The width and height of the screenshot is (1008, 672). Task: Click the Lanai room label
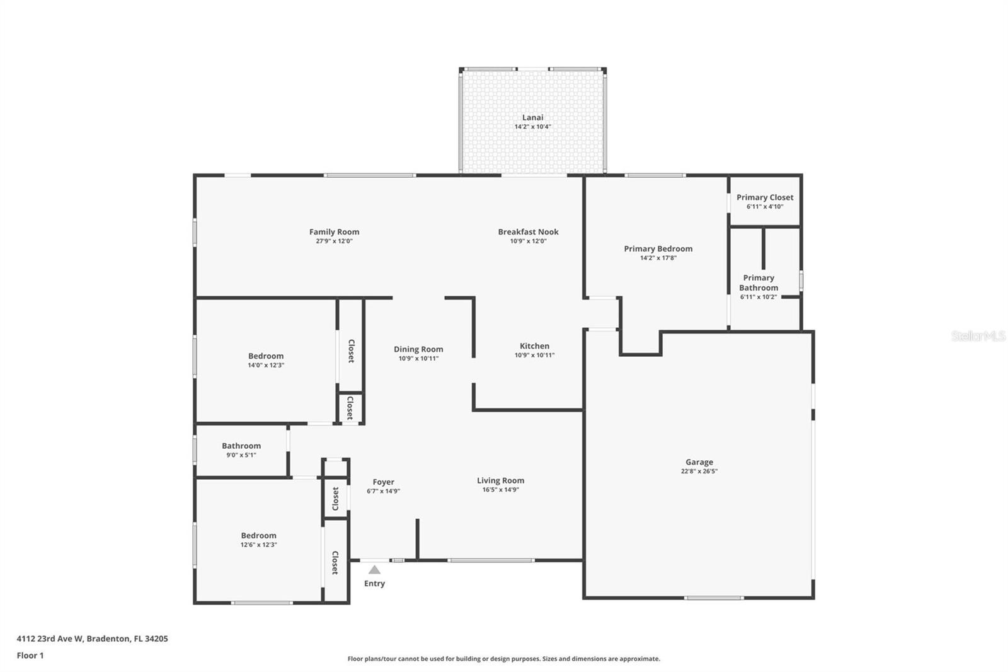point(532,117)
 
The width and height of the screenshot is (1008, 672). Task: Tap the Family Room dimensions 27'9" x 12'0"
point(334,241)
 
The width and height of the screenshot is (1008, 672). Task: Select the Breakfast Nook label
point(528,232)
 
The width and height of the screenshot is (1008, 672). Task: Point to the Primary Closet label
point(765,197)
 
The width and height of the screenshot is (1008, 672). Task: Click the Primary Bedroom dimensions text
point(658,258)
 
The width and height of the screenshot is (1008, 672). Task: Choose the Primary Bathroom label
point(759,283)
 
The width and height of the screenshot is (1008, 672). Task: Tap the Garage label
point(699,462)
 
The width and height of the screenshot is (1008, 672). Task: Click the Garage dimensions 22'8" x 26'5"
point(699,471)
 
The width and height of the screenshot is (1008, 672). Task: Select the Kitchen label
point(534,346)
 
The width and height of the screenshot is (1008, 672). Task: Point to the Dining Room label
point(418,349)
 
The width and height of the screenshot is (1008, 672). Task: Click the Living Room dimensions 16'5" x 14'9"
point(500,490)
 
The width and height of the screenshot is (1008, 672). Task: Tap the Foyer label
point(383,482)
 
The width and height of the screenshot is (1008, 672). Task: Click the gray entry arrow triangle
point(374,571)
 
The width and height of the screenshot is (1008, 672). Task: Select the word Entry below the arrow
point(374,583)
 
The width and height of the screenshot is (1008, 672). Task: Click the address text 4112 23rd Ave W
point(50,638)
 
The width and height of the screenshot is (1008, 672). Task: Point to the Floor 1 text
point(30,656)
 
